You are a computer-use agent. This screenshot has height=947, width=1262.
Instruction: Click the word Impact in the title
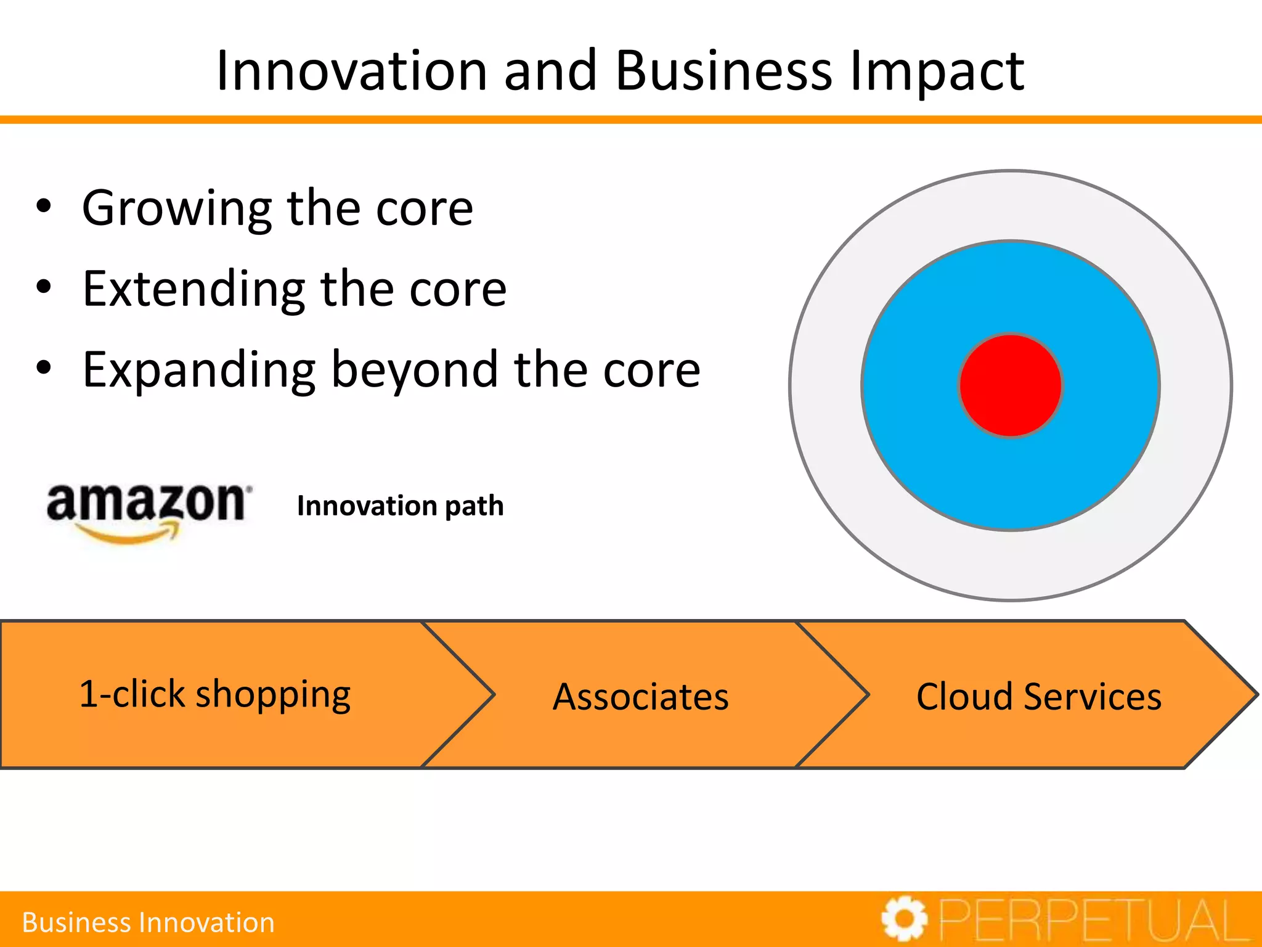click(x=936, y=71)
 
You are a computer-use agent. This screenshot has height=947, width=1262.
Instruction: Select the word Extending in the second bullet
click(x=193, y=290)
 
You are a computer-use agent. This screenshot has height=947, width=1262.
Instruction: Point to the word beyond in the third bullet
click(x=414, y=370)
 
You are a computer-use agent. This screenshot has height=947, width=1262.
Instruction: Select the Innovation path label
click(x=400, y=506)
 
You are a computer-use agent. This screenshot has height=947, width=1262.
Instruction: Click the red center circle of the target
click(x=1011, y=385)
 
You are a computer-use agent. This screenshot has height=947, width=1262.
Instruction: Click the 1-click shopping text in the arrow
click(x=215, y=695)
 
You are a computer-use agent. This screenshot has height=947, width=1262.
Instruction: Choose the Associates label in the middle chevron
click(x=640, y=697)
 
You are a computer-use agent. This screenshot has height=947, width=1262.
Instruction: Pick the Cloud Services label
click(x=1039, y=697)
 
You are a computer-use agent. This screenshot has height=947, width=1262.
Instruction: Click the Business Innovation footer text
click(x=148, y=922)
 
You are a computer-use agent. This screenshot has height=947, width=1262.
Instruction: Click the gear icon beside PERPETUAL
click(x=904, y=919)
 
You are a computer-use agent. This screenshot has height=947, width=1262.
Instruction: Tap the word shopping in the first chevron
click(x=273, y=695)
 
